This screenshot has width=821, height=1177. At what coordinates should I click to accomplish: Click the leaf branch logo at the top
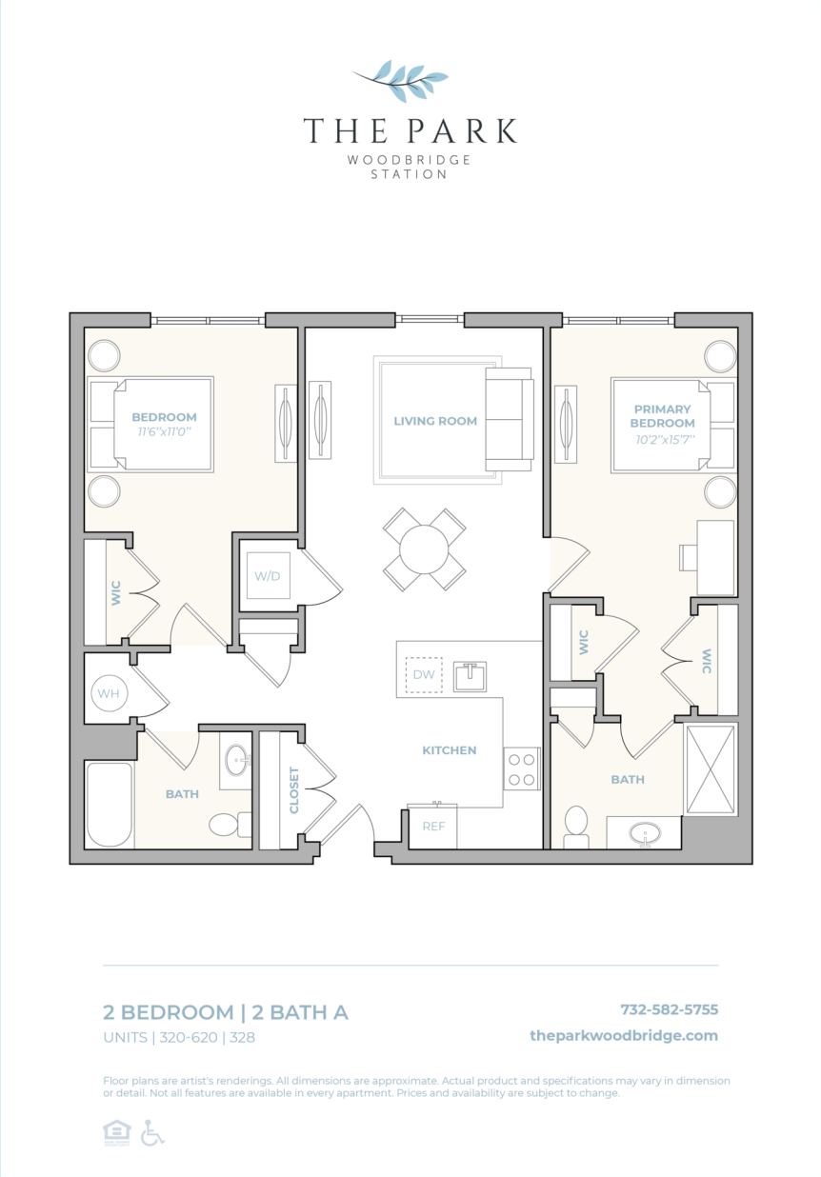[x=401, y=80]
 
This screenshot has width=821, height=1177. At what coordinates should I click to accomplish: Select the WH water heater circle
[x=109, y=693]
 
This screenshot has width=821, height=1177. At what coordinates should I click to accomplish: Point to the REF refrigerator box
[x=433, y=826]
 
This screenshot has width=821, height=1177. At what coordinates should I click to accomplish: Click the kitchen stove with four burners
[x=521, y=768]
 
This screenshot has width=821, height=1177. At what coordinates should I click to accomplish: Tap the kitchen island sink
[x=470, y=675]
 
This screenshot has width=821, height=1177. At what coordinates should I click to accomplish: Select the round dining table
[x=425, y=549]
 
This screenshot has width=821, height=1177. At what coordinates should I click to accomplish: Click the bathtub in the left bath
[x=109, y=804]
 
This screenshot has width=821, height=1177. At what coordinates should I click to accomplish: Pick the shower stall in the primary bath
[x=711, y=768]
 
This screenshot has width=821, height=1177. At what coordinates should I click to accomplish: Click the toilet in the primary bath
[x=576, y=826]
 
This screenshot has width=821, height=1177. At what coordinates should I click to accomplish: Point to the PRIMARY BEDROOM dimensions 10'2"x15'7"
[x=662, y=440]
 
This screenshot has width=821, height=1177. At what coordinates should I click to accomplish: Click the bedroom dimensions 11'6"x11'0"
[x=164, y=431]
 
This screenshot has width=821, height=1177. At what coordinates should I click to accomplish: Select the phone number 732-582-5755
[x=669, y=1009]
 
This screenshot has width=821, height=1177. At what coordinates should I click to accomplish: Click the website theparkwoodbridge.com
[x=624, y=1036]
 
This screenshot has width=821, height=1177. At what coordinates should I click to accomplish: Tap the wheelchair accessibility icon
[x=152, y=1133]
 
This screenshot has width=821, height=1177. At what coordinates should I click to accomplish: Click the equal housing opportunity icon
[x=116, y=1133]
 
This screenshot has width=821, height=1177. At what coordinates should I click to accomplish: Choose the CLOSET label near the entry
[x=293, y=790]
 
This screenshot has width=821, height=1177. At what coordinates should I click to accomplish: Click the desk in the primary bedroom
[x=714, y=557]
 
